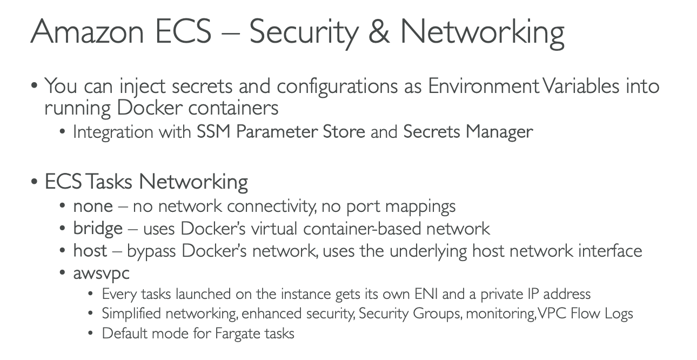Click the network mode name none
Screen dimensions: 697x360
click(93, 206)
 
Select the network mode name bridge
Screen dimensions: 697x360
click(98, 229)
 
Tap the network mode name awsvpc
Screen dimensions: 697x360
click(102, 273)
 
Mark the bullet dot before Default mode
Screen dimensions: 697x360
click(91, 334)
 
